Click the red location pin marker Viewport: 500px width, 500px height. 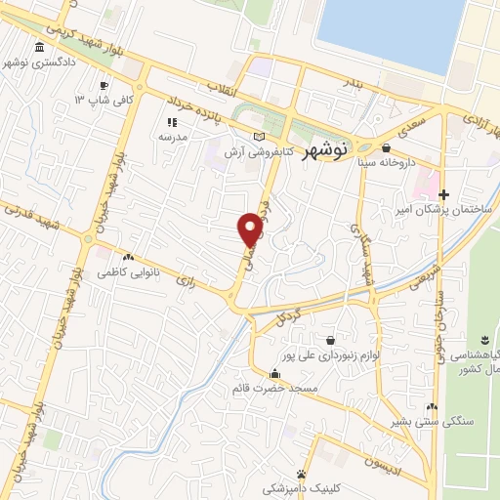coord(251,229)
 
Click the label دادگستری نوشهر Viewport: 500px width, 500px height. coord(40,64)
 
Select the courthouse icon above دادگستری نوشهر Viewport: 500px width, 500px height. coord(39,48)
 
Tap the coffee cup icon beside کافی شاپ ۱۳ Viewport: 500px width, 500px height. coord(104,86)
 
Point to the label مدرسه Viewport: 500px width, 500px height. coord(172,138)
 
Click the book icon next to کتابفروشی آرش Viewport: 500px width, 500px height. coord(258,137)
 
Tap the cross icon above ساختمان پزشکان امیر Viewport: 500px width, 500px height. coord(445,193)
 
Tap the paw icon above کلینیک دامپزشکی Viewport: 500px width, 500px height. coord(314,471)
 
